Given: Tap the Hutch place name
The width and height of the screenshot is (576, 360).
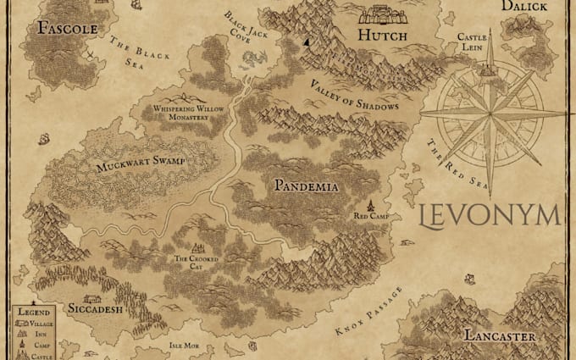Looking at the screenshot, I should coord(382,36).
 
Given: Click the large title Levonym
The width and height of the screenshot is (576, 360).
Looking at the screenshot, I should coord(490,215).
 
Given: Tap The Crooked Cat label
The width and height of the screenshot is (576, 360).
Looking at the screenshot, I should coord(197,262).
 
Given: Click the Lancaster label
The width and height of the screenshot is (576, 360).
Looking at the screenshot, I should coord(499,337).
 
